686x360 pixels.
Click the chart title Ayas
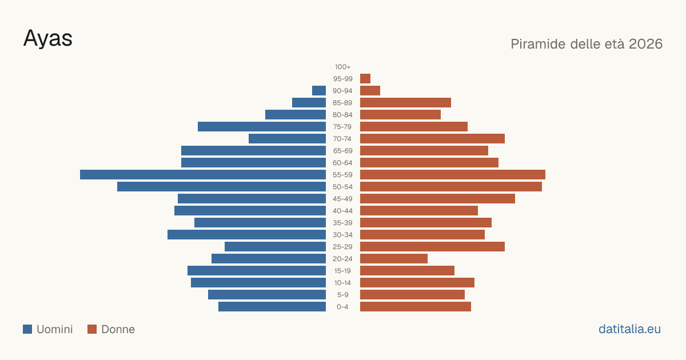48,38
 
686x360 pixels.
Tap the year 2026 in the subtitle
645,44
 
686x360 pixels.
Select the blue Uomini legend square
27,329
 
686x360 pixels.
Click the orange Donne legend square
92,329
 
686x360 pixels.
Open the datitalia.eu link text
629,329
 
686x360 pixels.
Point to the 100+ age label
342,67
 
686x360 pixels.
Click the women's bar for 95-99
365,79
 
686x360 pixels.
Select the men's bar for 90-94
319,91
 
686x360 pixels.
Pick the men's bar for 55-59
203,174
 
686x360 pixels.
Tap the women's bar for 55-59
453,174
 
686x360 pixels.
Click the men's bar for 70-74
287,139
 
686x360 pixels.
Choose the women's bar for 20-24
394,259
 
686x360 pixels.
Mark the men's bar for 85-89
309,102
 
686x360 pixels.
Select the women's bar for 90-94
370,91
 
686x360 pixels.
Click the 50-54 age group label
342,187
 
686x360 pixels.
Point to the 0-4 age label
342,307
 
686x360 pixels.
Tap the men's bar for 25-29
276,247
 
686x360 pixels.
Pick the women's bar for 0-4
416,307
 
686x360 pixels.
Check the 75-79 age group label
342,127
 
